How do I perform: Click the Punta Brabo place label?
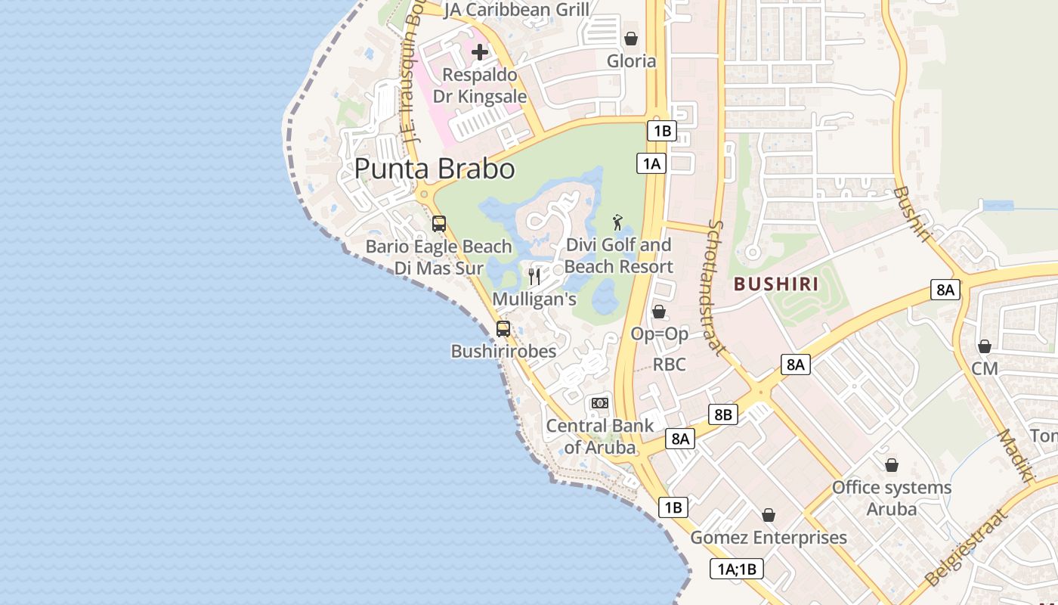pyautogui.click(x=435, y=169)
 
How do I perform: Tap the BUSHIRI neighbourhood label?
pyautogui.click(x=777, y=284)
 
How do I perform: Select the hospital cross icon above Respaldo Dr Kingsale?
pyautogui.click(x=480, y=52)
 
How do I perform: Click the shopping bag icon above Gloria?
pyautogui.click(x=631, y=39)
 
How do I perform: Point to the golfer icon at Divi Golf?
pyautogui.click(x=618, y=222)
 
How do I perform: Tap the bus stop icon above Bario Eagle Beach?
pyautogui.click(x=439, y=224)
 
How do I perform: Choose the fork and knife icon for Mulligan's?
pyautogui.click(x=534, y=276)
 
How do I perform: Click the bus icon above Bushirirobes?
pyautogui.click(x=503, y=329)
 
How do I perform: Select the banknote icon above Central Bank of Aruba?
pyautogui.click(x=600, y=403)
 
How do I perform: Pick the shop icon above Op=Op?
pyautogui.click(x=659, y=312)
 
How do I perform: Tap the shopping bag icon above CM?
pyautogui.click(x=984, y=346)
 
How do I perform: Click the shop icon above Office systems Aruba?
pyautogui.click(x=892, y=465)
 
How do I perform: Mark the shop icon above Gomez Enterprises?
pyautogui.click(x=769, y=515)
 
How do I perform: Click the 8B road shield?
pyautogui.click(x=723, y=414)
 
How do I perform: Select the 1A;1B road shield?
pyautogui.click(x=737, y=569)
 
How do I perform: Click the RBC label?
pyautogui.click(x=670, y=365)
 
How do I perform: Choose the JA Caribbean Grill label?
pyautogui.click(x=516, y=10)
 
